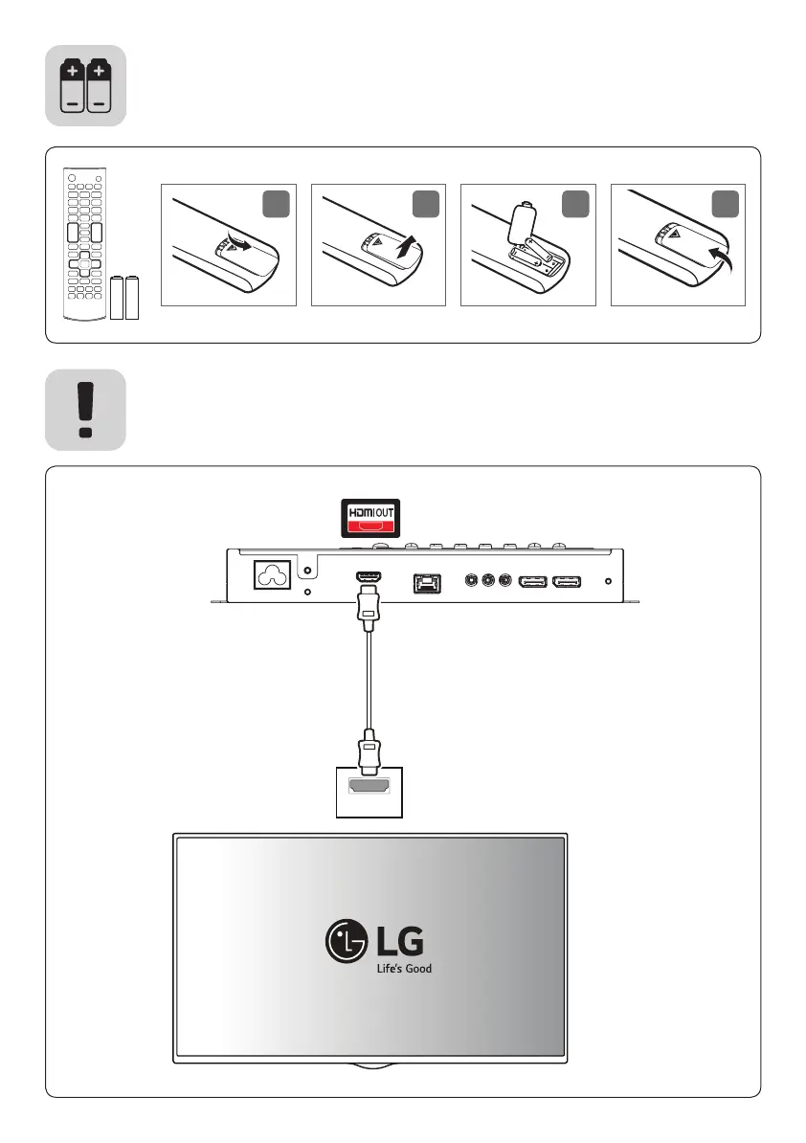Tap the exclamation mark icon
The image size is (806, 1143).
86,409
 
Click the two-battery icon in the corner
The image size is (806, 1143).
86,85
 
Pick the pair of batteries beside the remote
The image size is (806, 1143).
125,298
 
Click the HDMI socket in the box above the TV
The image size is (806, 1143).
369,788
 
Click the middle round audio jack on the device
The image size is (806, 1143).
488,580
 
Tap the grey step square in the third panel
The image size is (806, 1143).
575,202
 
